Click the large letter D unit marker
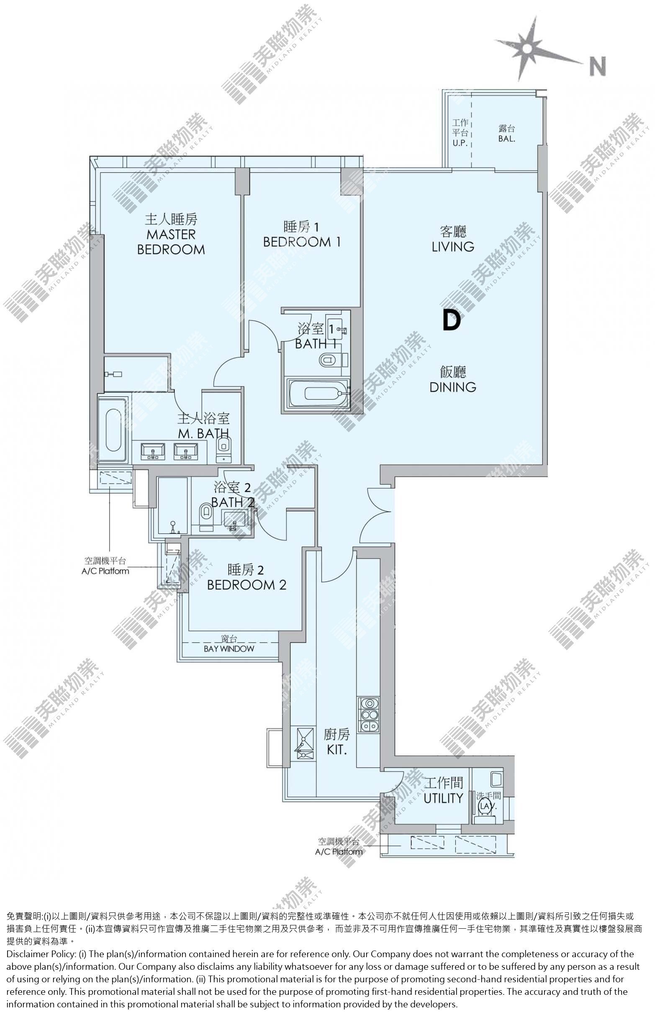click(x=452, y=320)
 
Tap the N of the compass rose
click(x=598, y=67)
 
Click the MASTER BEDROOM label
click(x=171, y=241)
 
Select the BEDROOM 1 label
click(x=302, y=242)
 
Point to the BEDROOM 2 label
click(x=247, y=584)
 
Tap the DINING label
click(x=453, y=387)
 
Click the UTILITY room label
click(x=443, y=798)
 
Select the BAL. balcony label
click(x=506, y=138)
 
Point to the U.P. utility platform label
click(x=460, y=143)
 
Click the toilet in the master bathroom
click(x=224, y=449)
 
